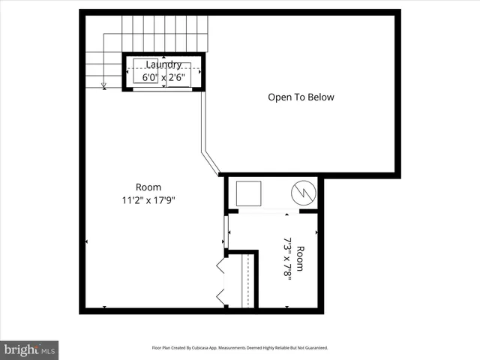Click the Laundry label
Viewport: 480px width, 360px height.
[163, 64]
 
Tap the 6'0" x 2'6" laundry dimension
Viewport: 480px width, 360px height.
[163, 77]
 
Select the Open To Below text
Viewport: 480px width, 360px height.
[301, 97]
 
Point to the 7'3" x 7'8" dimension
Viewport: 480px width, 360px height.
[287, 257]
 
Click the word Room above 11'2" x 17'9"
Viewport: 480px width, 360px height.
[148, 187]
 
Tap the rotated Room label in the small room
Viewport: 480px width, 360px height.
[301, 257]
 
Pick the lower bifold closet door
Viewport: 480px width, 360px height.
[220, 295]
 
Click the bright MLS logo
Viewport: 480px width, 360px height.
[29, 349]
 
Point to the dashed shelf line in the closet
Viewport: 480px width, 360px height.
[247, 281]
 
